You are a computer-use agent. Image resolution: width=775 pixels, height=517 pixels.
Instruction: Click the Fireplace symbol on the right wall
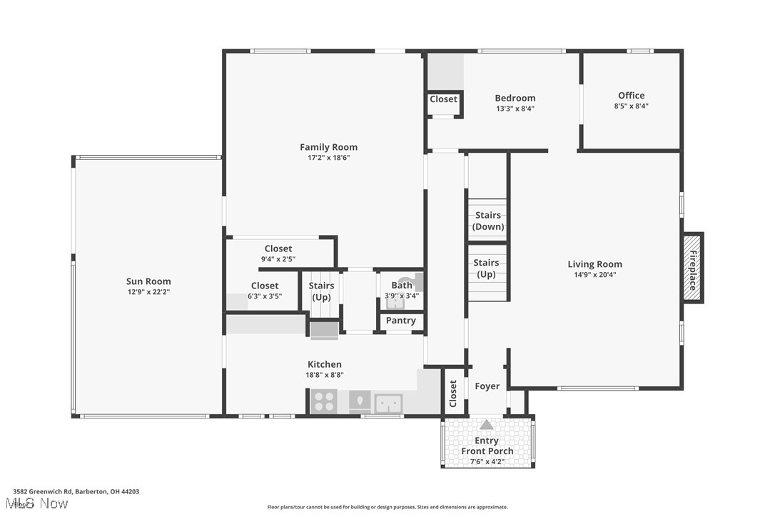(x=692, y=268)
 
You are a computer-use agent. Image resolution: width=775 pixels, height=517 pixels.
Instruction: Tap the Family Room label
(x=328, y=147)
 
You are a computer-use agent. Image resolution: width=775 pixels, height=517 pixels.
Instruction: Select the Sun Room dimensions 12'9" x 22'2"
(x=148, y=291)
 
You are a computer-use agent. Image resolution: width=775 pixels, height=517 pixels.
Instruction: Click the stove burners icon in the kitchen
(x=324, y=402)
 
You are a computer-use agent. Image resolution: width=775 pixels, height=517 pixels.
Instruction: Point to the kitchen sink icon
(x=388, y=403)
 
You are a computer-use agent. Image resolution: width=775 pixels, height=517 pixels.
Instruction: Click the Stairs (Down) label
(x=487, y=221)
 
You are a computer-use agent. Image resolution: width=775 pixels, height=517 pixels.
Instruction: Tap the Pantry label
(x=400, y=321)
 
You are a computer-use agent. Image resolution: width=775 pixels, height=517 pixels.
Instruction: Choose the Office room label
(x=631, y=95)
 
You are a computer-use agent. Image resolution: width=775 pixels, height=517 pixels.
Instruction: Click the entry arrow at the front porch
(x=486, y=424)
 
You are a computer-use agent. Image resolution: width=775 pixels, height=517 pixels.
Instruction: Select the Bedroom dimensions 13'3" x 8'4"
(x=515, y=109)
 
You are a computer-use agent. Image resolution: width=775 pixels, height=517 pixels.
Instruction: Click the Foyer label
(x=487, y=386)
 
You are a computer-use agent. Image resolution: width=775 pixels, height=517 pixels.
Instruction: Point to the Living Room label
(x=594, y=264)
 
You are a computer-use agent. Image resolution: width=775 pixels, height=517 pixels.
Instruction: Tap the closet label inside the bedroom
(x=443, y=99)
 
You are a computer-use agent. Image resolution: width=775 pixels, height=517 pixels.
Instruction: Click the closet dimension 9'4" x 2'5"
(x=278, y=259)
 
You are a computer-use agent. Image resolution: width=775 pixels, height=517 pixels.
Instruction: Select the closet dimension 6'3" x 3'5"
(x=265, y=296)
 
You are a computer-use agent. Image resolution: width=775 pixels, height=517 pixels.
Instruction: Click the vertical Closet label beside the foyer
(x=453, y=393)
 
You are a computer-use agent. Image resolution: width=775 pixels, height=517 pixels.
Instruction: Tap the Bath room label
(x=401, y=285)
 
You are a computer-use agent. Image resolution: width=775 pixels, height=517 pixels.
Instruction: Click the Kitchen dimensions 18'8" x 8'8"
(x=325, y=374)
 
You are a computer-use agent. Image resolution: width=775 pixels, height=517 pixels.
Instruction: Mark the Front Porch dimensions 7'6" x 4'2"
(x=487, y=461)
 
